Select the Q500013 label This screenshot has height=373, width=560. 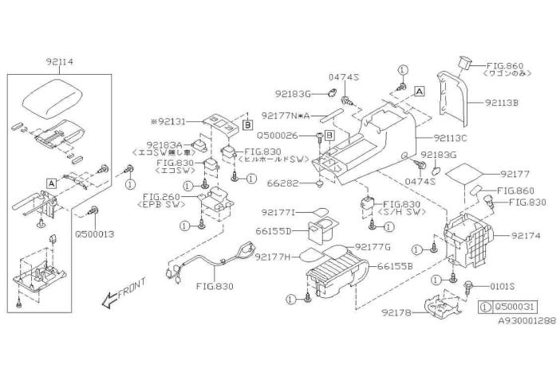[95, 236]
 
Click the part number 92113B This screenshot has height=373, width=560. [503, 103]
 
